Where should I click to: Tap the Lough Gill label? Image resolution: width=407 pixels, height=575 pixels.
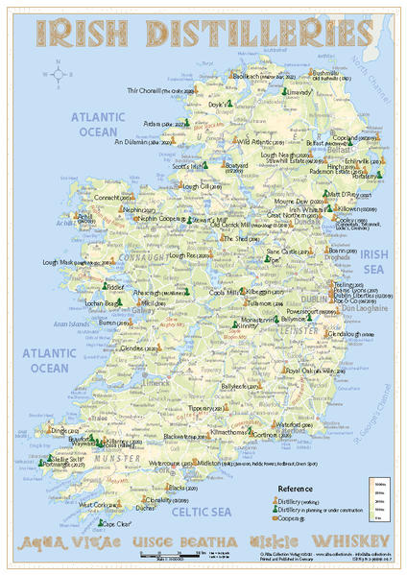[x=195, y=186]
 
